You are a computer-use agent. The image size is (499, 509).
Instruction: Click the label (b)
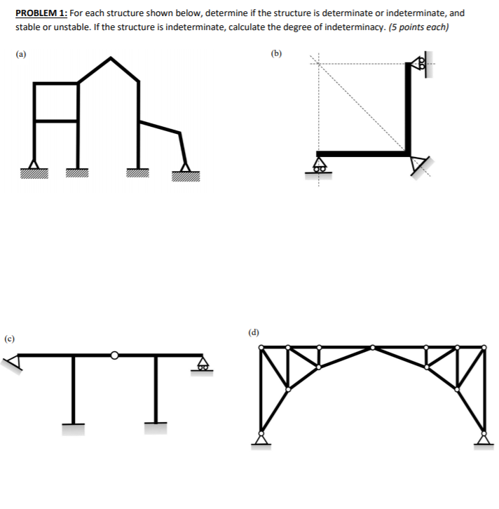coord(278,53)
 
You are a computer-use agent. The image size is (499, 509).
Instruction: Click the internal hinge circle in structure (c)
coord(114,355)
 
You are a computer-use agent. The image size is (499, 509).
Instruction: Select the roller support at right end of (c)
coord(203,364)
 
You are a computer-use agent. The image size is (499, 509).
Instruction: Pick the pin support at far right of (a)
coord(186,168)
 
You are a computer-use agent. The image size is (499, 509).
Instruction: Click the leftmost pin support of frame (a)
coord(32,168)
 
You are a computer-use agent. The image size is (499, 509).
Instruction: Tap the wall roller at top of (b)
coord(422,65)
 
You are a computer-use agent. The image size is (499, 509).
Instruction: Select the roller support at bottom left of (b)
coord(320,167)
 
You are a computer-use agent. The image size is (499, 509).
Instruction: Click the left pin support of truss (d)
coord(261,439)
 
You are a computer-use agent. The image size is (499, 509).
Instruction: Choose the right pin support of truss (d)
coord(482,439)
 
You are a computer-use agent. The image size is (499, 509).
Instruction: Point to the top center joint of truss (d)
coord(372,347)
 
